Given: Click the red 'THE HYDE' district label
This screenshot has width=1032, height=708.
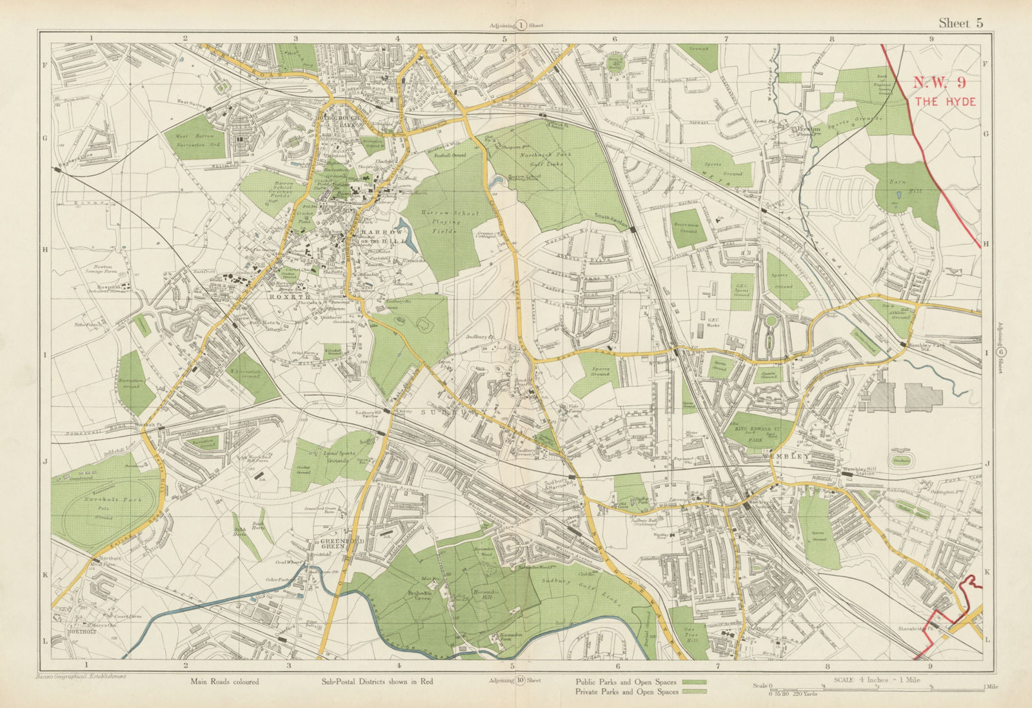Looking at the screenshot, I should (x=944, y=102).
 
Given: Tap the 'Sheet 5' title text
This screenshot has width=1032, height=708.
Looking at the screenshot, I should (x=960, y=23).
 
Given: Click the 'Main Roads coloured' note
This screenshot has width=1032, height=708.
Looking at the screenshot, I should (x=224, y=682).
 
